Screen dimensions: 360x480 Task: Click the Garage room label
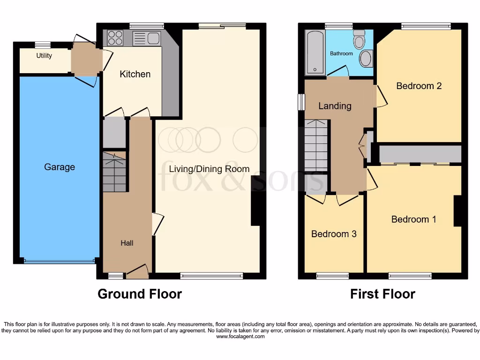pos(60,167)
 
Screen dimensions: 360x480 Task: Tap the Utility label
pos(44,56)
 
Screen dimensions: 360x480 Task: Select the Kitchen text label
pos(135,74)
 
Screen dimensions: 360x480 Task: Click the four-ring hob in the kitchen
pos(115,37)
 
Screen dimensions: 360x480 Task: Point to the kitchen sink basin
pos(153,38)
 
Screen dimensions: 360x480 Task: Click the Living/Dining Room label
pos(209,169)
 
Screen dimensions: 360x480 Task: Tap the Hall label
pos(127,243)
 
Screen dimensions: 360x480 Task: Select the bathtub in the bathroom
pos(315,52)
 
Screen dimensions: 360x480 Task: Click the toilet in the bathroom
pos(360,39)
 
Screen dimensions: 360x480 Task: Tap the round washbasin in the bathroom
pos(366,60)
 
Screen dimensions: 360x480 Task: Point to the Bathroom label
pos(341,53)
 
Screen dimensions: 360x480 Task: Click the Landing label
pos(335,106)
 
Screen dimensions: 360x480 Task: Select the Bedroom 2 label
pos(419,86)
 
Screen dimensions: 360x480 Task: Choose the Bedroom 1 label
pos(413,219)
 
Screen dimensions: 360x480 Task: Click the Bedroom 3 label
pos(334,234)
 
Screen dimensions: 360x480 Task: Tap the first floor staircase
pos(316,146)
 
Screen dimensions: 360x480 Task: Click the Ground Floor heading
pos(140,294)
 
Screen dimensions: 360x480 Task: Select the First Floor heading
pos(382,294)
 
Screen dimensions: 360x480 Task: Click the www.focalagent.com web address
pos(240,336)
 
